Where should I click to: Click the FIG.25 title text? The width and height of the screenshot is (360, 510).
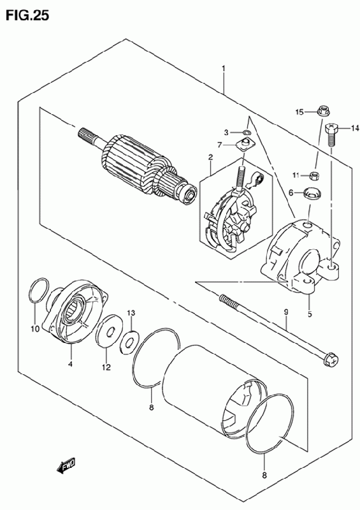(27, 15)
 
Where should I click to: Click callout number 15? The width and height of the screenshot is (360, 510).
(299, 112)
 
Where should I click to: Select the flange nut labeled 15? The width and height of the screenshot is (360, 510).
(323, 111)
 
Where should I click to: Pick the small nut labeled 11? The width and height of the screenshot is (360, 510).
(315, 176)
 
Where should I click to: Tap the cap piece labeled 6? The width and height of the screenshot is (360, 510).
(312, 193)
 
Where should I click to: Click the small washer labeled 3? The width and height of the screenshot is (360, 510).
(246, 133)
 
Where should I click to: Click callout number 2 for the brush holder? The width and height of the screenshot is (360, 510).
(210, 157)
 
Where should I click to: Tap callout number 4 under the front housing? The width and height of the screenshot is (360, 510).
(70, 364)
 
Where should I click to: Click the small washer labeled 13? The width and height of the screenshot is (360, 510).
(130, 342)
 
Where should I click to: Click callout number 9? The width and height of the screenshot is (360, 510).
(286, 312)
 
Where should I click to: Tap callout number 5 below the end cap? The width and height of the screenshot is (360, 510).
(310, 314)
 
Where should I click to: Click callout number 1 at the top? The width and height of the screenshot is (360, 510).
(224, 69)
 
